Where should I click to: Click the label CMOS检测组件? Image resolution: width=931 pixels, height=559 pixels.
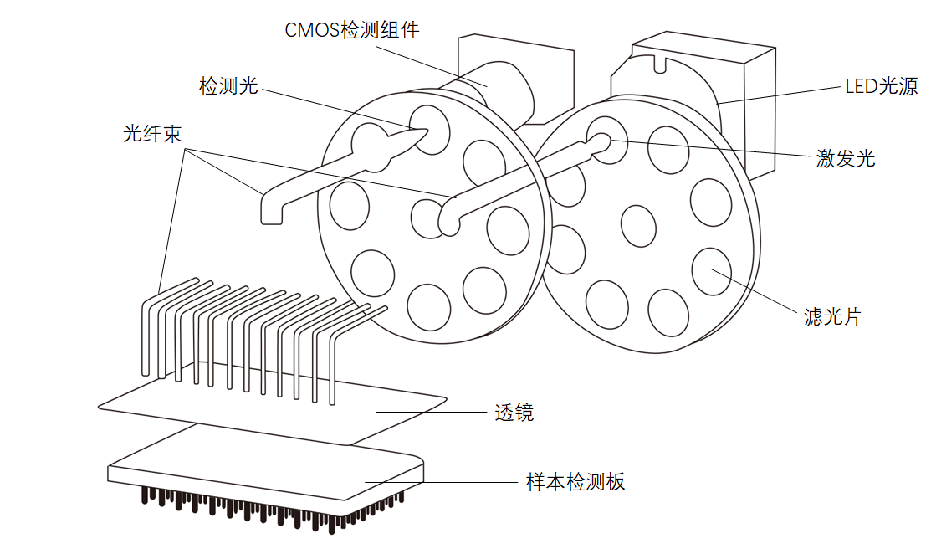coord(351,30)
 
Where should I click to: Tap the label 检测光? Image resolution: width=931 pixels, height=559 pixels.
coord(228,85)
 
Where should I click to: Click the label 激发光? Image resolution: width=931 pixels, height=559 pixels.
coord(846,157)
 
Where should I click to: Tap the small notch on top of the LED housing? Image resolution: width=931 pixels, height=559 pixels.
coord(661,59)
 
